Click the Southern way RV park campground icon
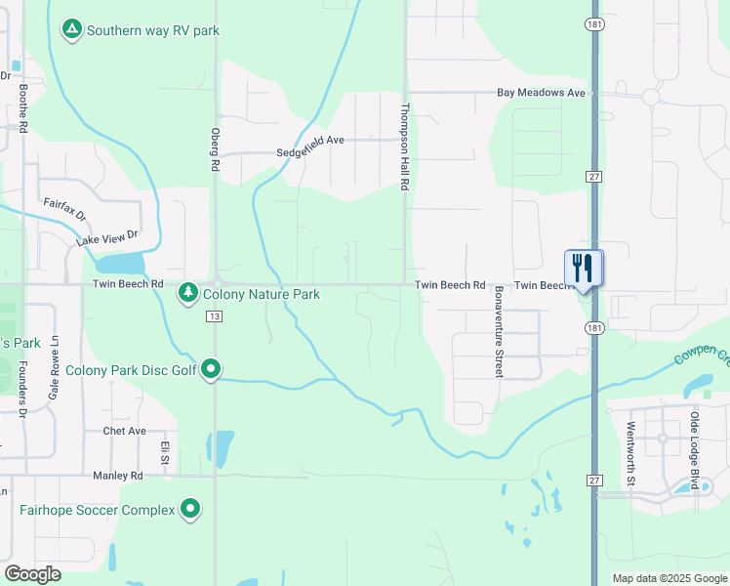click(x=71, y=30)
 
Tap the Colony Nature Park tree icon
click(x=188, y=292)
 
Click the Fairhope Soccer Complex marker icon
click(x=190, y=509)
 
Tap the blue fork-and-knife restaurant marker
click(x=583, y=269)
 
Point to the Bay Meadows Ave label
click(x=541, y=93)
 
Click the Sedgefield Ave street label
click(x=310, y=140)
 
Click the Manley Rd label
click(x=117, y=476)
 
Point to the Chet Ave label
click(x=124, y=431)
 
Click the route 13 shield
click(x=215, y=316)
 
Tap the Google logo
click(x=32, y=574)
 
